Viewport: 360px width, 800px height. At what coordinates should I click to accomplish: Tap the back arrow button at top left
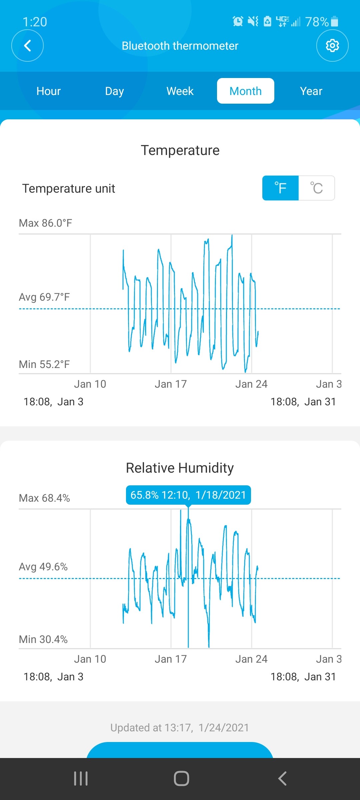coord(27,46)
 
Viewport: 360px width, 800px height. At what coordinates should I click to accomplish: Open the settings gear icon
coord(332,46)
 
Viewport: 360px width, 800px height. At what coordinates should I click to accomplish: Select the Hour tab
coord(49,91)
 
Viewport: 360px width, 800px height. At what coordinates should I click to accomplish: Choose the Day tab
coord(114,91)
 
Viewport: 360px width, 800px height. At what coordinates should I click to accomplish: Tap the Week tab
coord(180,91)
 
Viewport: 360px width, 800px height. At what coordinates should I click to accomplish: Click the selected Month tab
coord(246,91)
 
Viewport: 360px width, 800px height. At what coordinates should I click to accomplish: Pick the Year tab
coord(311,91)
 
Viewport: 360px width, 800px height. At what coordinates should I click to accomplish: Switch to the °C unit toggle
coord(317,188)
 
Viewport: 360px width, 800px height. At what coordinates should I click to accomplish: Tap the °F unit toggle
coord(280,188)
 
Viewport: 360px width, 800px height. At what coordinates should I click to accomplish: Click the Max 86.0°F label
coord(46,223)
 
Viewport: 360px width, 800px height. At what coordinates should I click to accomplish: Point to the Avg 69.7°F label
coord(44,297)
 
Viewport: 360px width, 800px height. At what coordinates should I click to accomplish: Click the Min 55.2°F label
coord(44,364)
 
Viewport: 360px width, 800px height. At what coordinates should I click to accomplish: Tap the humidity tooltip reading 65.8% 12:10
coord(188,495)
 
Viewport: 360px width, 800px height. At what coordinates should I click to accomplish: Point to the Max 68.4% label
coord(44,498)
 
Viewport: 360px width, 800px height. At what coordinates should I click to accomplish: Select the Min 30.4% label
coord(43,639)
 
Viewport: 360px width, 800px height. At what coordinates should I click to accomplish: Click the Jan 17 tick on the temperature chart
coord(171,384)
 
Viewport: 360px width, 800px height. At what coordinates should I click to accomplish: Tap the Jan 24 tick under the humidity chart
coord(251,659)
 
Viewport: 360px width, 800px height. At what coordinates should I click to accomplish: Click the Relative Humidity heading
coord(180,468)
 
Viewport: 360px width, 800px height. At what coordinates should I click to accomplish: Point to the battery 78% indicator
coord(322,22)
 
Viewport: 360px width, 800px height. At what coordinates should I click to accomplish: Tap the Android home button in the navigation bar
coord(181,779)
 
